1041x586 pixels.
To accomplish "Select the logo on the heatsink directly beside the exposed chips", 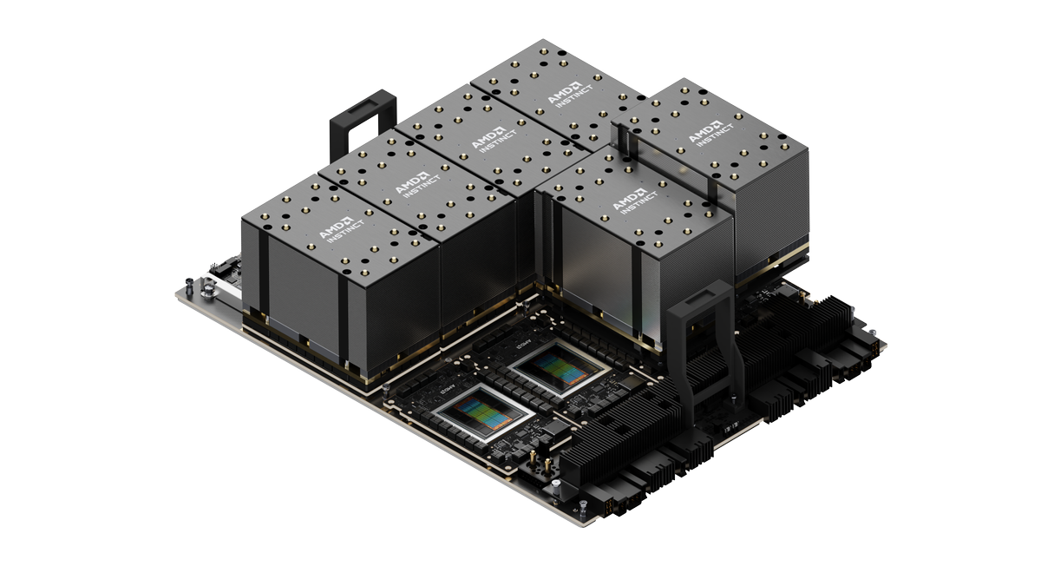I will [629, 198].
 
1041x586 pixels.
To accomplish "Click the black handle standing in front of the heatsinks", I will [701, 347].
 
